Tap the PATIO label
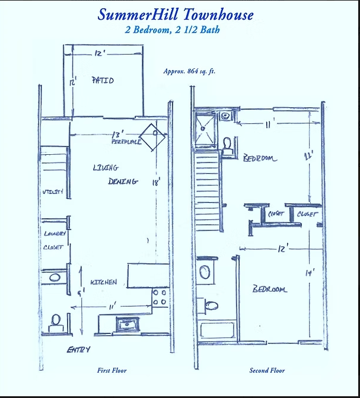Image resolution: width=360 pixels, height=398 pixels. (x=103, y=80)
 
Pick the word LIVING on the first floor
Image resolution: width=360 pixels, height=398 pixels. (x=106, y=168)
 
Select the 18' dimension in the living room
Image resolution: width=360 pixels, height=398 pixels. (x=156, y=183)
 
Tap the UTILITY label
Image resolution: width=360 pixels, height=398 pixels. (x=52, y=192)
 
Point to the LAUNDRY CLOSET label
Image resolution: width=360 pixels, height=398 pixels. (x=53, y=240)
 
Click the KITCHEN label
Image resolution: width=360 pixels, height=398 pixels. (x=103, y=282)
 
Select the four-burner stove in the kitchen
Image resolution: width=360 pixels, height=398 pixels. (x=160, y=297)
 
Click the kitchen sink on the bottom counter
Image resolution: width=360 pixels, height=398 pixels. (x=127, y=323)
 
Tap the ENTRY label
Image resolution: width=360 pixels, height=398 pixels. (x=78, y=349)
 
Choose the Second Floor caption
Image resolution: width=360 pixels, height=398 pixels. (x=267, y=371)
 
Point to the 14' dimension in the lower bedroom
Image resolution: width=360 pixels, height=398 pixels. (x=308, y=273)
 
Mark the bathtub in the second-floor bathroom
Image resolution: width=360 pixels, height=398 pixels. (x=216, y=330)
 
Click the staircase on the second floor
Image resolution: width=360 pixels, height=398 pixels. (x=208, y=190)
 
